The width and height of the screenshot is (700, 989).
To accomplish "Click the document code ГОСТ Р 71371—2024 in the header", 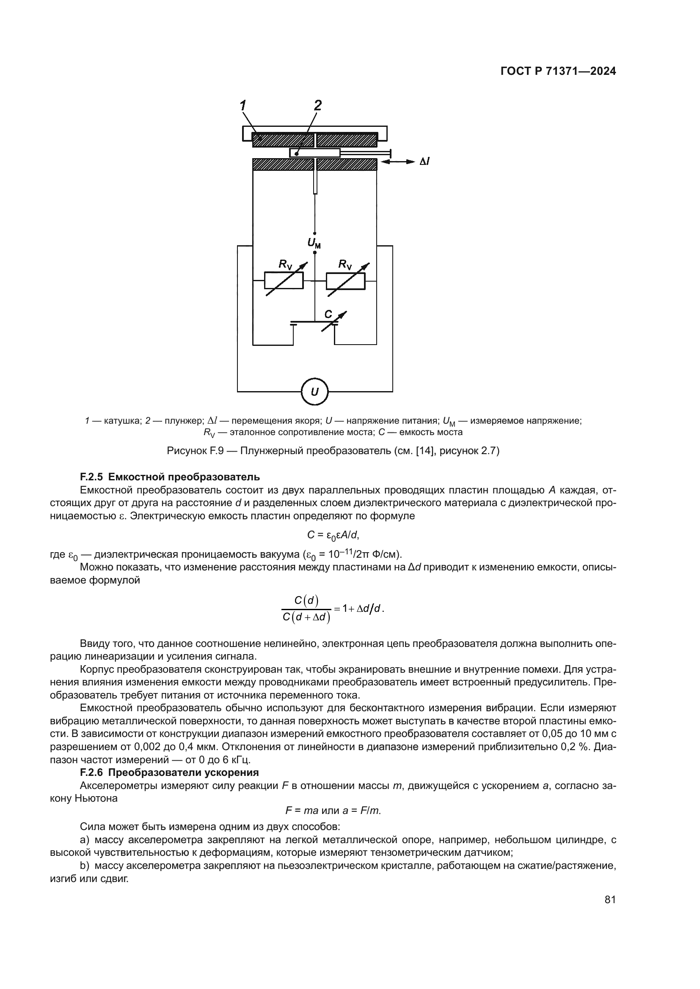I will coord(558,71).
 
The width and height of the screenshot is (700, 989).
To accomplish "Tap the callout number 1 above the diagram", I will coord(243,105).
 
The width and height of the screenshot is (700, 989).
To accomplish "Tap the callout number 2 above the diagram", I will coord(318,105).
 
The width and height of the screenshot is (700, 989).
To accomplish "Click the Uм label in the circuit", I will coord(314,244).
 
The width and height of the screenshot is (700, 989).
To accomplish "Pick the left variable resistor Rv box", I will coord(284,281).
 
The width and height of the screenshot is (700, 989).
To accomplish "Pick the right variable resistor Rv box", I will coord(346,281).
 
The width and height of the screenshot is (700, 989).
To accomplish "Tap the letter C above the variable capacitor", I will coord(328,314).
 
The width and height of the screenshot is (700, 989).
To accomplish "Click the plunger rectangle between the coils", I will coord(314,153).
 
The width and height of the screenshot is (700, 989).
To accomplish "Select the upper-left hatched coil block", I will coord(282,140).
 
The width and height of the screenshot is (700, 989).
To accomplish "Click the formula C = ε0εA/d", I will coord(333,535).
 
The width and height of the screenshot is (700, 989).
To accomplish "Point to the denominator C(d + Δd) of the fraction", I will coord(306,617).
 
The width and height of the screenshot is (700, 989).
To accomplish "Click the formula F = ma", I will coord(301,811).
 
